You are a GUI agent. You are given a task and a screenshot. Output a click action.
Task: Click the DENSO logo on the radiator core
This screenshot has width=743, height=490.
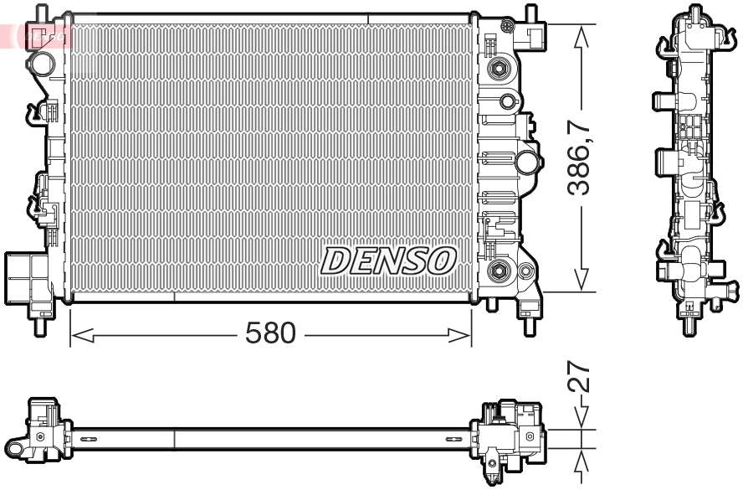point(387,260)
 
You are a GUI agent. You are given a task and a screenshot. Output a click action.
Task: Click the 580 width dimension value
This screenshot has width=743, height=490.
point(270,333)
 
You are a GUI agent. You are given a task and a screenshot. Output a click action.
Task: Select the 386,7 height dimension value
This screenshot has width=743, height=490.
point(580,158)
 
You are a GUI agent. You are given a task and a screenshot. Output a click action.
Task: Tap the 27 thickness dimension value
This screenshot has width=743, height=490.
point(580,378)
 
